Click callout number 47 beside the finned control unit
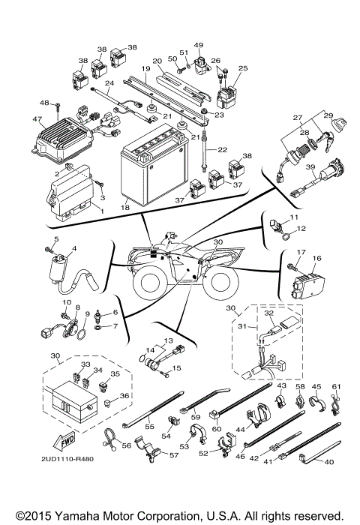tap(37, 119)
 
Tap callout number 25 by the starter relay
tap(241, 68)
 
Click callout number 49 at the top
tap(199, 45)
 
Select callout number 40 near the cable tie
tap(328, 463)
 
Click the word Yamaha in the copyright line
tap(77, 517)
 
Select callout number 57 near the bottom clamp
tap(174, 455)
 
